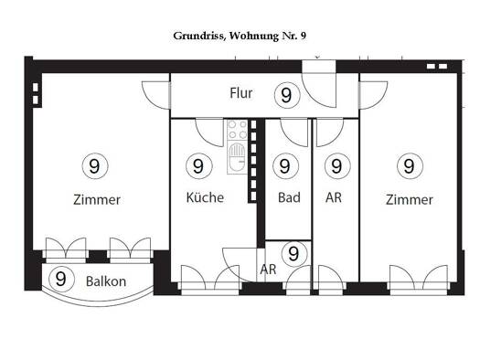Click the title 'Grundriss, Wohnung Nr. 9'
click(x=240, y=37)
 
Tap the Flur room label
click(x=241, y=93)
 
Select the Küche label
click(x=205, y=197)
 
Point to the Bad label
click(x=289, y=197)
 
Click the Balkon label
click(x=106, y=281)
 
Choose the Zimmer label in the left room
click(x=97, y=200)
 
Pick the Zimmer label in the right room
click(x=410, y=200)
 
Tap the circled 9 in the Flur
click(x=287, y=95)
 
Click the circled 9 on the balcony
click(x=61, y=279)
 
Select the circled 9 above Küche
click(x=199, y=166)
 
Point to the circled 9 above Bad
click(x=285, y=166)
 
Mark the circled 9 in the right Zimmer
click(x=410, y=166)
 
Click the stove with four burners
click(x=237, y=130)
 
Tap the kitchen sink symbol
click(x=237, y=157)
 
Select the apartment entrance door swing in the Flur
click(x=319, y=90)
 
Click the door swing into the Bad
click(x=294, y=132)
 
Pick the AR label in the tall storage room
click(x=334, y=197)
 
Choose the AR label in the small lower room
click(x=268, y=270)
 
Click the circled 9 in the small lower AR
click(x=294, y=254)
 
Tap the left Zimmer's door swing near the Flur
click(x=155, y=95)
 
